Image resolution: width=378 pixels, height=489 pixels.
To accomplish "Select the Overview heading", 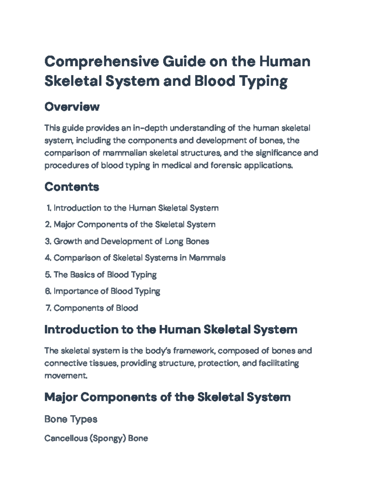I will [72, 107].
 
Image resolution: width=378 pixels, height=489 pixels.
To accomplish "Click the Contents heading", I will [72, 187].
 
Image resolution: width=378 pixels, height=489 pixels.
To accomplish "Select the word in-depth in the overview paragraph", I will [150, 128].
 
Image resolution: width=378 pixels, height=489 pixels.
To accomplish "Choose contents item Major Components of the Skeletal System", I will [135, 225].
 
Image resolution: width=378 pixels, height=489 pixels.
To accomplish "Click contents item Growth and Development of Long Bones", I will [131, 241].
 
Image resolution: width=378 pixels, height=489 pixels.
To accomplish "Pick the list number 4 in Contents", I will [48, 258].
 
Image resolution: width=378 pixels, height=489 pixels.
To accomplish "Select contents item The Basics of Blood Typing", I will [105, 275].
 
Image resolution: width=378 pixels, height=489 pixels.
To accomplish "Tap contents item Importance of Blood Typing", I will [107, 291].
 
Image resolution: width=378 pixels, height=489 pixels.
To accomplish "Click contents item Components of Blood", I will [96, 308].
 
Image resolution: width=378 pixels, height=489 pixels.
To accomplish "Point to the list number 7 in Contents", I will [48, 308].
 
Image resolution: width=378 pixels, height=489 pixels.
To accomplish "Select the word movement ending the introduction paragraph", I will [65, 376].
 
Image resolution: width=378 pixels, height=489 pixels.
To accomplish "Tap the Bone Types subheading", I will [71, 419].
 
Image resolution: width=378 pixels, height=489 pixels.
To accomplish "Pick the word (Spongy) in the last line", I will [108, 438].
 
